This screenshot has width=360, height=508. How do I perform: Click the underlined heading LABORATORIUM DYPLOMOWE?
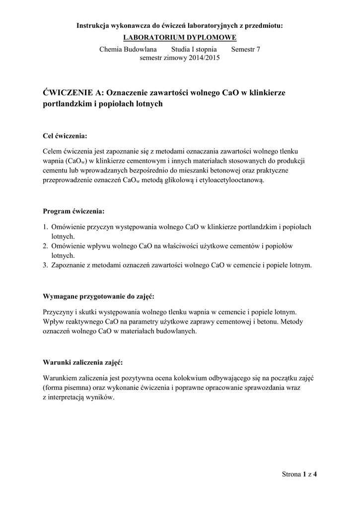pyautogui.click(x=180, y=38)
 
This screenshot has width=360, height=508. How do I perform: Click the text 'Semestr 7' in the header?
pyautogui.click(x=245, y=49)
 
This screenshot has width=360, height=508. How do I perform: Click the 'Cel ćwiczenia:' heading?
pyautogui.click(x=66, y=135)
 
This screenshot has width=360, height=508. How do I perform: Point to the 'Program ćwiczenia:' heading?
pyautogui.click(x=73, y=211)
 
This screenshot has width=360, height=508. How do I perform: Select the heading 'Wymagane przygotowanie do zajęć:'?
pyautogui.click(x=99, y=296)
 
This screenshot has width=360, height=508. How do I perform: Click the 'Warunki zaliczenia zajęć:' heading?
pyautogui.click(x=83, y=362)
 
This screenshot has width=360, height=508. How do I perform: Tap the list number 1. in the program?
pyautogui.click(x=45, y=227)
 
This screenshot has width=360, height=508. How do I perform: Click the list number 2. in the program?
pyautogui.click(x=45, y=246)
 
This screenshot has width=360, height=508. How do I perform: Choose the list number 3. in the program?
pyautogui.click(x=45, y=265)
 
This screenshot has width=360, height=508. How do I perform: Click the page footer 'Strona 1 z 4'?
pyautogui.click(x=299, y=474)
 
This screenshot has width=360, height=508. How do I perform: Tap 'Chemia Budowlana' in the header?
pyautogui.click(x=128, y=49)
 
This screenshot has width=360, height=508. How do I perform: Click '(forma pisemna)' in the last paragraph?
pyautogui.click(x=67, y=387)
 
